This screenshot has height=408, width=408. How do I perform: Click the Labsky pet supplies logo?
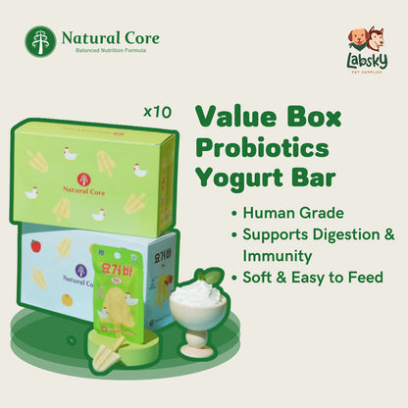pos(365,49)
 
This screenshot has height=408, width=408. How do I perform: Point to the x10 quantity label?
pos(157,112)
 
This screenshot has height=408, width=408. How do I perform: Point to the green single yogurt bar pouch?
pos(117,284)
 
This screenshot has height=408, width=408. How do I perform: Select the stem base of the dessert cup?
pos(196,348)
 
